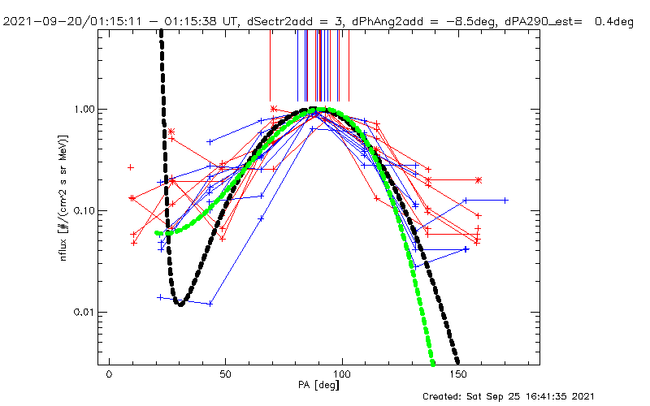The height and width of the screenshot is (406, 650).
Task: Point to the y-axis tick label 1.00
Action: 85,110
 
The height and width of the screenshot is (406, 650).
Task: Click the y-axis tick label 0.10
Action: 85,211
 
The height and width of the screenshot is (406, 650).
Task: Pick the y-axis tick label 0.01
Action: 85,313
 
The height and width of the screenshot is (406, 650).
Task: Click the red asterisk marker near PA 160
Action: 479,179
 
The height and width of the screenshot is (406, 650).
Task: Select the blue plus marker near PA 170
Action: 505,200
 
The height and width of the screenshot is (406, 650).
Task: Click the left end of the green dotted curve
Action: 158,232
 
